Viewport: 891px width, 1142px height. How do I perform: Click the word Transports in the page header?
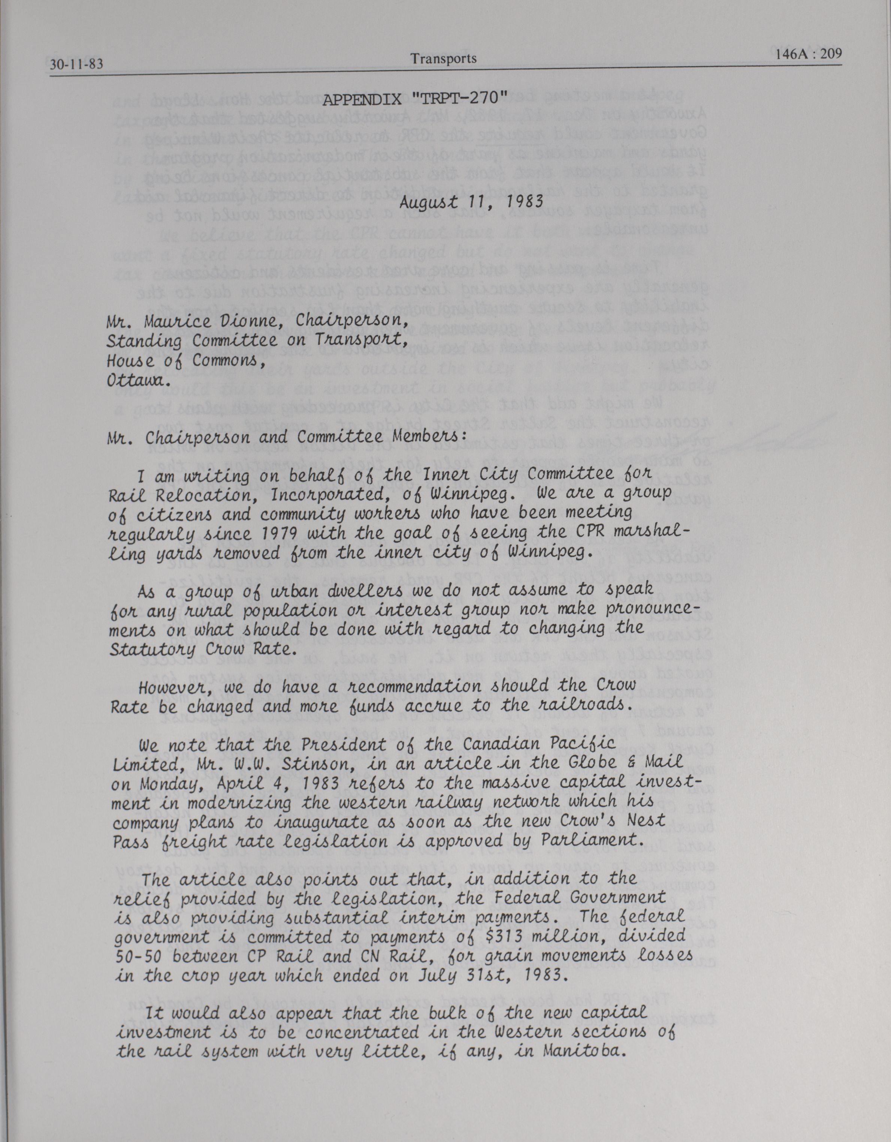click(443, 58)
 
